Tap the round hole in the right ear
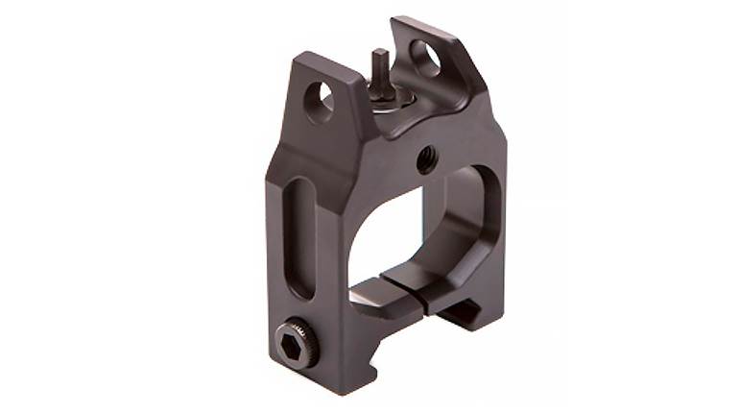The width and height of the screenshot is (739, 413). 425,58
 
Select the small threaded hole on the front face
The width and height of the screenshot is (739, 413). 425,159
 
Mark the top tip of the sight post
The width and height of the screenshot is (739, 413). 380,53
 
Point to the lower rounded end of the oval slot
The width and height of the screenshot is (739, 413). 300,287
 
